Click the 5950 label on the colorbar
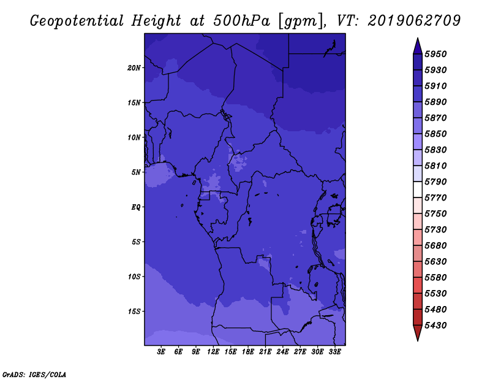tap(435, 54)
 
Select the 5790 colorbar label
tap(435, 182)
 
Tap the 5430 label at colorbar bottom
tap(435, 325)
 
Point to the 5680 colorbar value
tap(435, 245)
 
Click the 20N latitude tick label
tap(134, 68)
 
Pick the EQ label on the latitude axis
tap(135, 207)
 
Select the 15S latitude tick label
tap(134, 312)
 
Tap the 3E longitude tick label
tap(161, 352)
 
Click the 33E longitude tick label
tap(334, 352)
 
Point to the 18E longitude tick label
tap(248, 352)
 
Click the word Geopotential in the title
tap(77, 21)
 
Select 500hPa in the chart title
tap(241, 21)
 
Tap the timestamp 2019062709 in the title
tap(414, 21)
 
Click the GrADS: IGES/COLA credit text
tap(34, 375)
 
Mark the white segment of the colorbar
tap(418, 189)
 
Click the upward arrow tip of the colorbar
tap(418, 38)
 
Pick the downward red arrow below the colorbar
tap(418, 333)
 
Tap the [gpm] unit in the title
tap(300, 21)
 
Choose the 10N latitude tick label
tap(134, 137)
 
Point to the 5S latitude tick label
tap(136, 242)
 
